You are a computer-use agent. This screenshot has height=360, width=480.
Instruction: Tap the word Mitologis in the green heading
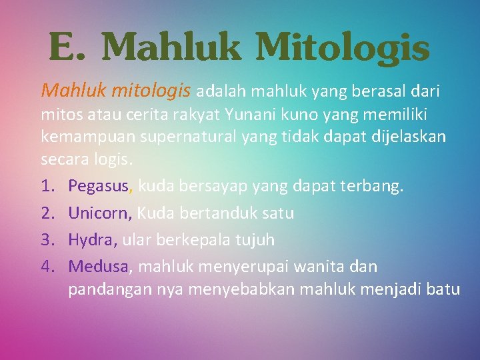coord(342,49)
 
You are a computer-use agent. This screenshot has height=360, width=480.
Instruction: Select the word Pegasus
coord(100,186)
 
